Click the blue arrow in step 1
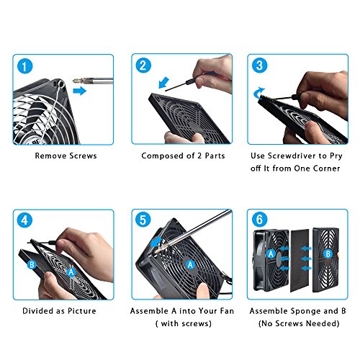click(80, 92)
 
